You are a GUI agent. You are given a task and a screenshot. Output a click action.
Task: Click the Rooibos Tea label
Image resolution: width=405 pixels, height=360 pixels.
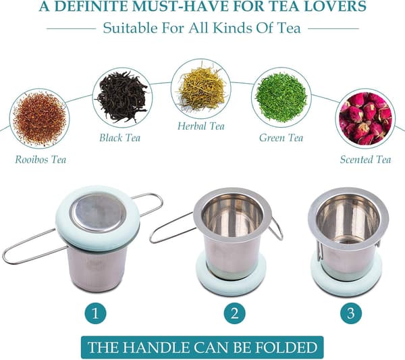40,159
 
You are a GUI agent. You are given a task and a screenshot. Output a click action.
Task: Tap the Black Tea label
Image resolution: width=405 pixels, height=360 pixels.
120,138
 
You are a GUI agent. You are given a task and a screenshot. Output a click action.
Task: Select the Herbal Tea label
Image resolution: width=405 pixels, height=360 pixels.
201,126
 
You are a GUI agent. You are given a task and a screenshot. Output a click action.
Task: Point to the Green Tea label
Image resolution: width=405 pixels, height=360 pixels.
281,138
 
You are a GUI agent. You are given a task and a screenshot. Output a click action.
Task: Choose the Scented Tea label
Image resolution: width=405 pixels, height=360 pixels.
365,159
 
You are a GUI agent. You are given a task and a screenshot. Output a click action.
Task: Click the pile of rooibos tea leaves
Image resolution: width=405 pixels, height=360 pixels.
40,119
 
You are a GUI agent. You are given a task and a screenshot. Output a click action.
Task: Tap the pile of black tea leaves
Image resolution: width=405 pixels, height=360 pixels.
122,97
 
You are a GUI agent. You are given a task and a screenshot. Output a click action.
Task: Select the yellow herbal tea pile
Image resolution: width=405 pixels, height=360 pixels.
202,88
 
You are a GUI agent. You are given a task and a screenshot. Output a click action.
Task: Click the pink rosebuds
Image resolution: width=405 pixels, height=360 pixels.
365,118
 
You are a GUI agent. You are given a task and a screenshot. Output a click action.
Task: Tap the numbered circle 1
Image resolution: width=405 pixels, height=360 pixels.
96,313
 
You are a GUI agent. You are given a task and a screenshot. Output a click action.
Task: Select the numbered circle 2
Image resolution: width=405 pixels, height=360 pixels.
234,313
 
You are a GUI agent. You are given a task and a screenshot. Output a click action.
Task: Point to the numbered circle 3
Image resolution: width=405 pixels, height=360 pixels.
351,313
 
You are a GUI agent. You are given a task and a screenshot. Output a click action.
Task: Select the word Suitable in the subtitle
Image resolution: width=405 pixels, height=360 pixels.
130,28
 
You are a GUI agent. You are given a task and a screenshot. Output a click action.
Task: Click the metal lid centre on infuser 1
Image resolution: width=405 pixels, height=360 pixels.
99,212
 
